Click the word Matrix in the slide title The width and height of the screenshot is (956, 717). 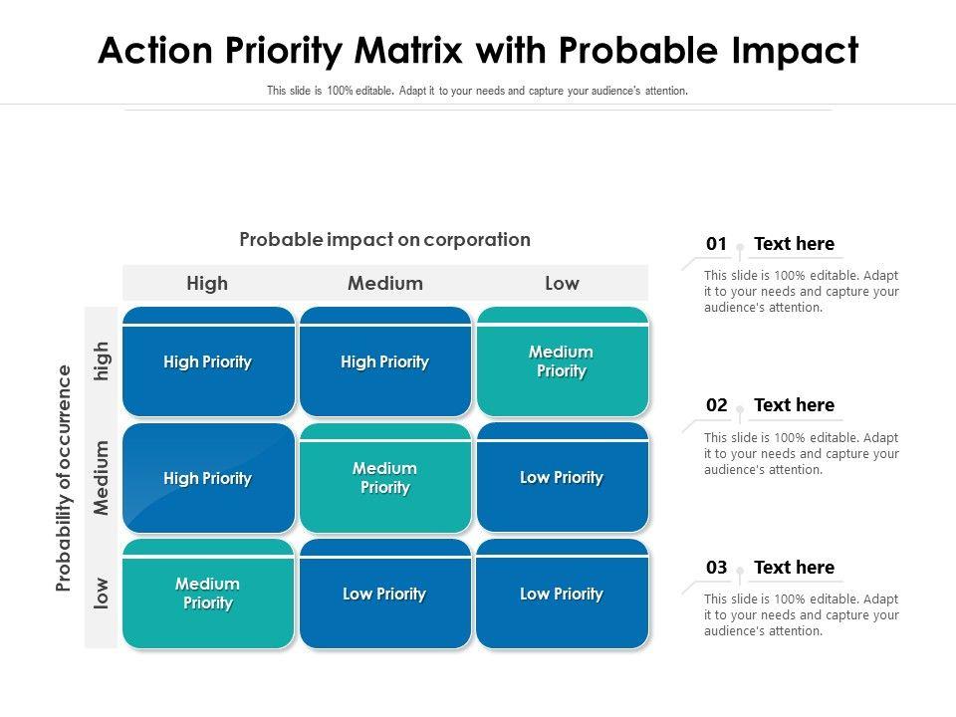point(408,50)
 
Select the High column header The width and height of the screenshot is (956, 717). point(207,283)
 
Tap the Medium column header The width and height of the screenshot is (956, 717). point(384,283)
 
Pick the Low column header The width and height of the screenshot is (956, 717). point(562,283)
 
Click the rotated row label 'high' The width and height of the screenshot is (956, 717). point(102,360)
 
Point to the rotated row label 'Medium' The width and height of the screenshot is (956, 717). point(102,477)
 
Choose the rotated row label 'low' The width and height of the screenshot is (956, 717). point(102,594)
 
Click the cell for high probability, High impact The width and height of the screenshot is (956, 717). point(208,361)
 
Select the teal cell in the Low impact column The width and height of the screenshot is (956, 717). point(562,361)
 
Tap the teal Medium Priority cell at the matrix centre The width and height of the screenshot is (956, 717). point(385,477)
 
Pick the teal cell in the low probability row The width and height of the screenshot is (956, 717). point(208,594)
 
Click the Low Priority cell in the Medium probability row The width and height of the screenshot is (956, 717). point(562,477)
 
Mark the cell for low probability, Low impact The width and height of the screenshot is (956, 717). point(562,594)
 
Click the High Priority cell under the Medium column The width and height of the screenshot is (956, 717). point(385,361)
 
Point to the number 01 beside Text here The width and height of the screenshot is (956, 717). point(716,244)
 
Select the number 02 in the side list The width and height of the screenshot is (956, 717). point(716,405)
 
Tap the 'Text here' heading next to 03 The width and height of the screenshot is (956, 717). point(794,567)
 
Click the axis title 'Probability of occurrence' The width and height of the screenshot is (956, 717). point(64,478)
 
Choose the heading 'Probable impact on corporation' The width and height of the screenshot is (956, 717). point(384,240)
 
